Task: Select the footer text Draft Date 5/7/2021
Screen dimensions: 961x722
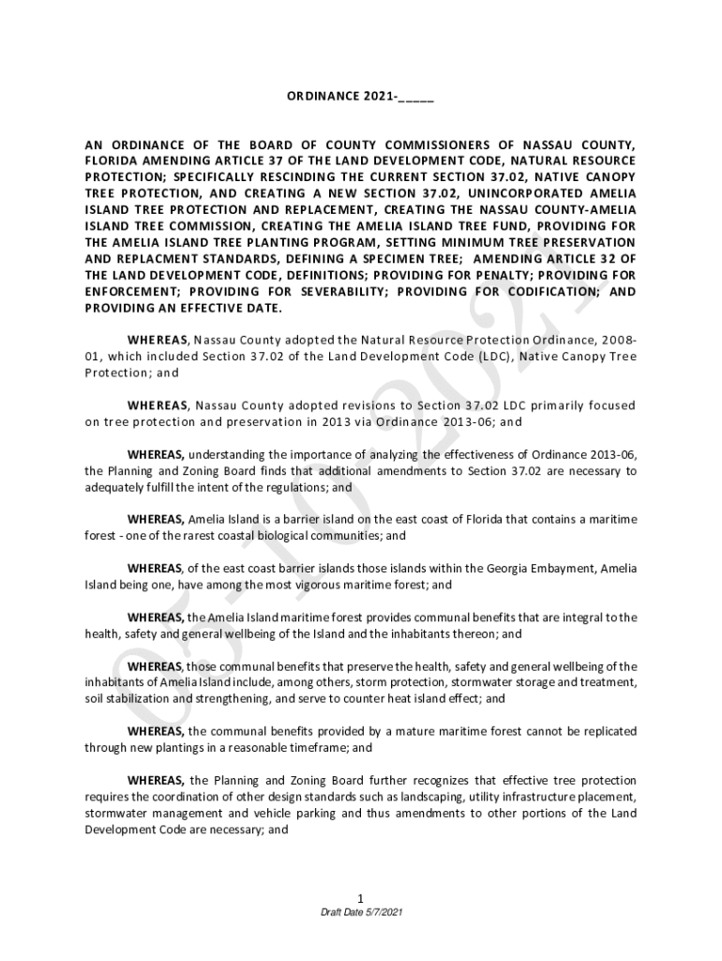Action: click(361, 913)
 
